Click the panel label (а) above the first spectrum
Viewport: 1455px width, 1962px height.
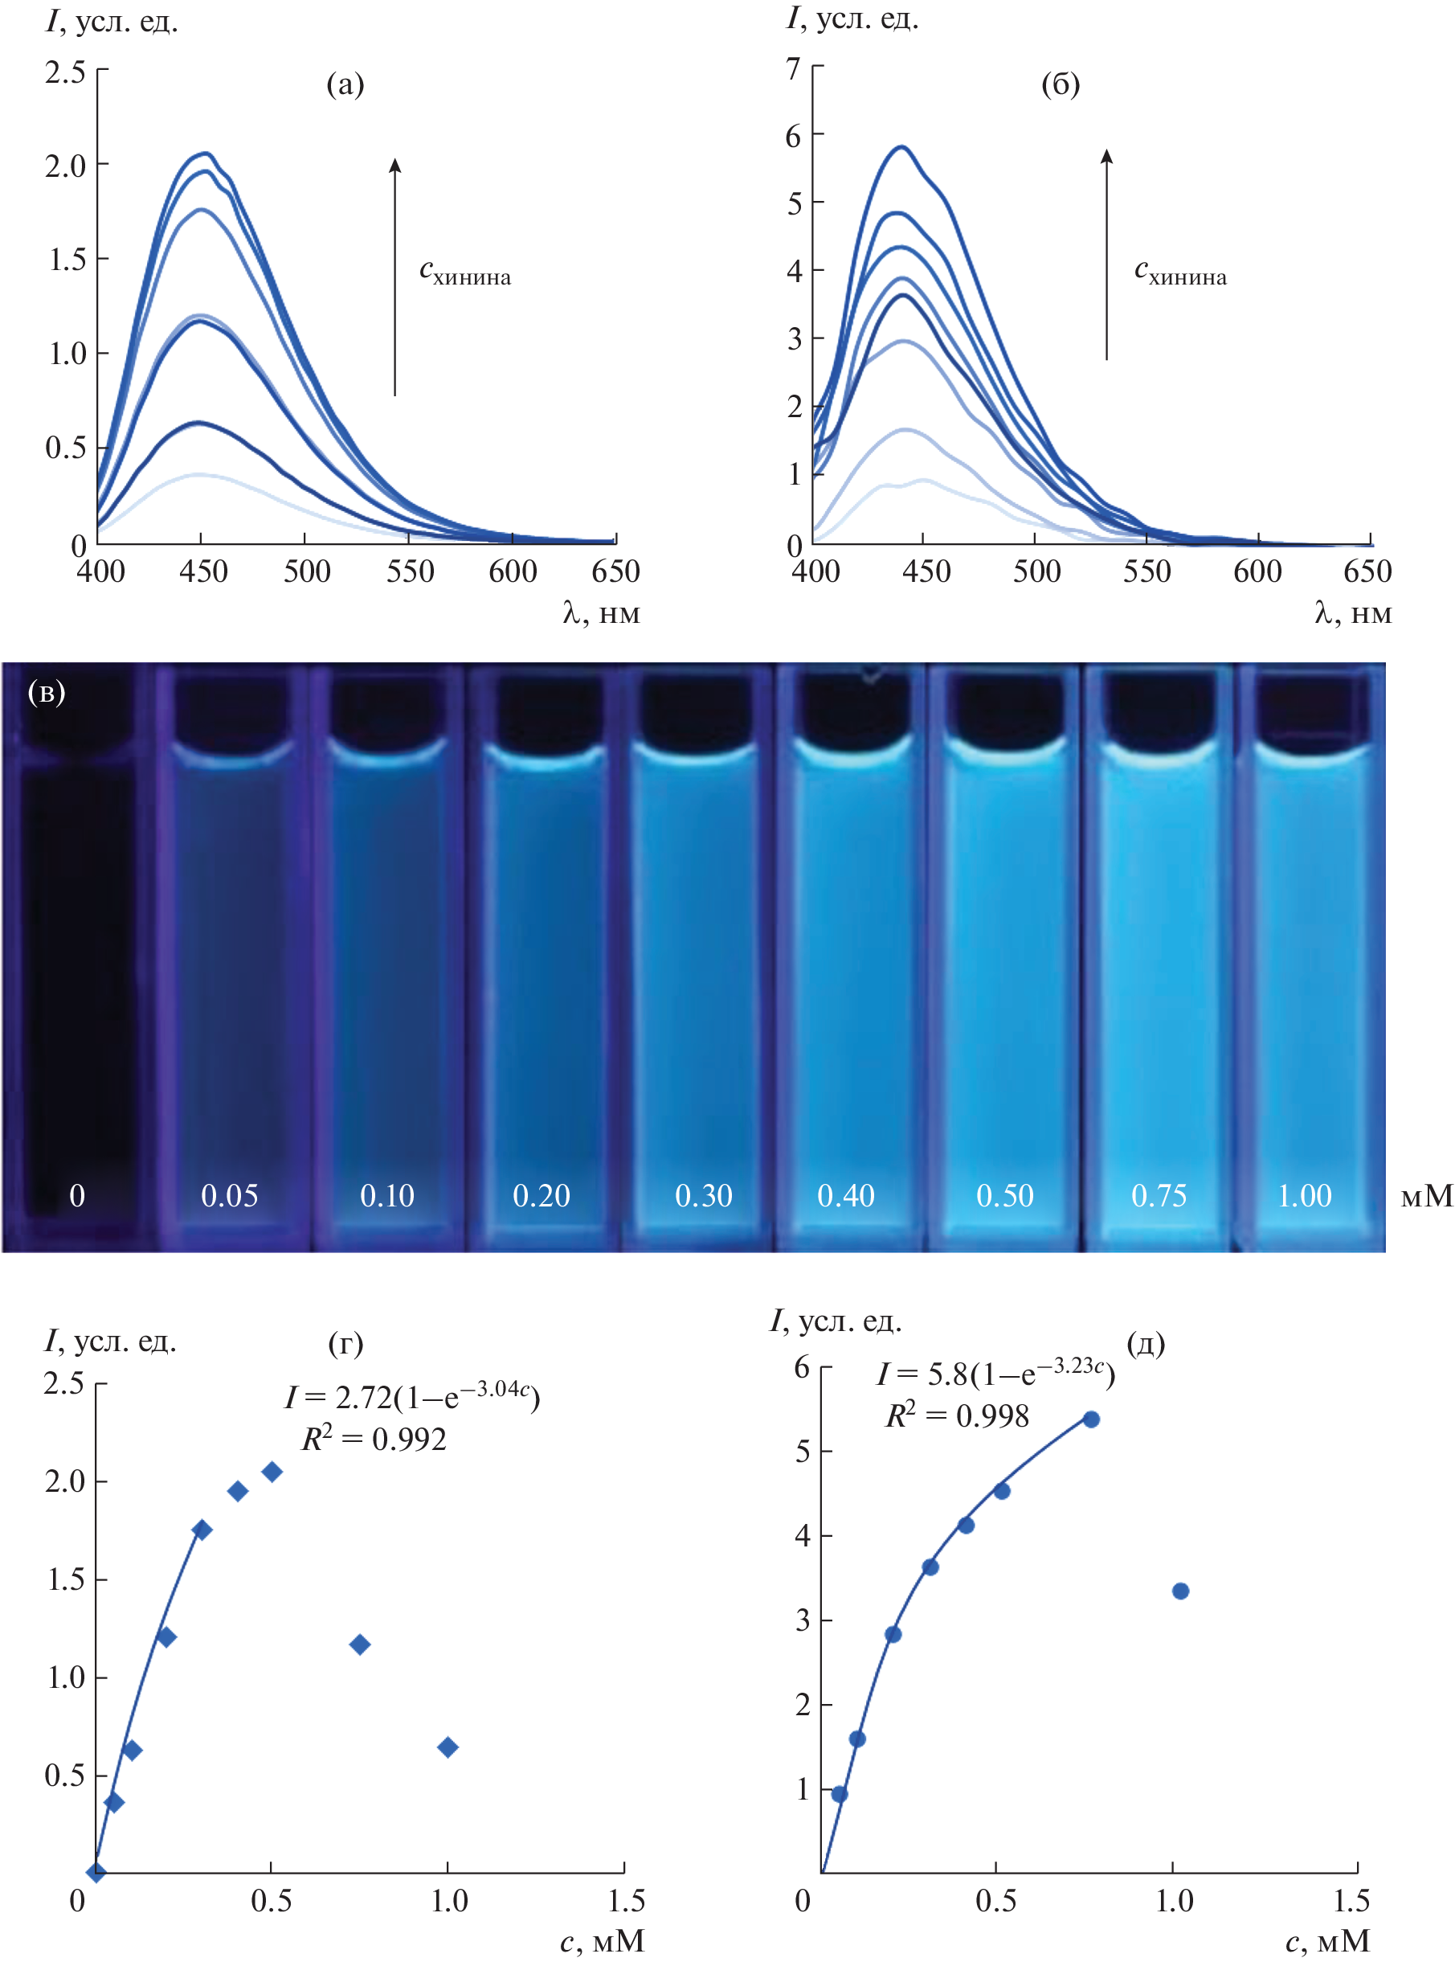click(345, 84)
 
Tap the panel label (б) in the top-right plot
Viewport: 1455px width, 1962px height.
click(1060, 84)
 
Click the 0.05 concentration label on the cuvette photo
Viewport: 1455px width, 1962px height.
click(229, 1195)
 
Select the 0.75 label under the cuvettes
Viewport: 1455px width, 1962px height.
click(1159, 1195)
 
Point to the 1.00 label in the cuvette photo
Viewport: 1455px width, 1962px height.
click(1305, 1195)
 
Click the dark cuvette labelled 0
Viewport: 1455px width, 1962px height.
click(77, 969)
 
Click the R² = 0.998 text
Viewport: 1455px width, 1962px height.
click(957, 1415)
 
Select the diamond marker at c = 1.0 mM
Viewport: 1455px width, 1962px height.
click(448, 1747)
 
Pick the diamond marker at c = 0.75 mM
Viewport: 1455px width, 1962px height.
click(359, 1644)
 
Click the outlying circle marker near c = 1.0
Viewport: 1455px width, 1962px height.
click(1180, 1590)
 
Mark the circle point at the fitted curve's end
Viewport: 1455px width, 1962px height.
click(1090, 1419)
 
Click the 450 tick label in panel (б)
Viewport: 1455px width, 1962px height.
click(926, 571)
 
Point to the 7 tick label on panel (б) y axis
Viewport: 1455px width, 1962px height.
click(794, 68)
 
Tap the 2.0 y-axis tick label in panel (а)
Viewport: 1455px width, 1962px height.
click(65, 165)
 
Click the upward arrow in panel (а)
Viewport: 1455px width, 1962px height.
click(394, 276)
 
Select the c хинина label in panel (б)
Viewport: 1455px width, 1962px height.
click(1179, 272)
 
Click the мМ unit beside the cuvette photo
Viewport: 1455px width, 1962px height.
click(1426, 1195)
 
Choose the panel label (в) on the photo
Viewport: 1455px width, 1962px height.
click(46, 693)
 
